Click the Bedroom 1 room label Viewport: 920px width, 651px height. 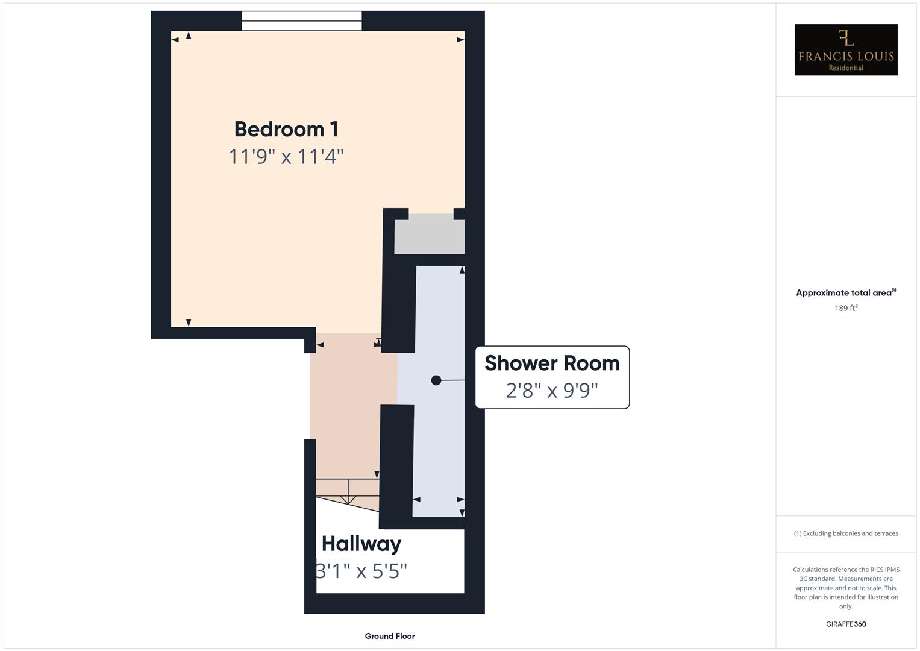tap(286, 129)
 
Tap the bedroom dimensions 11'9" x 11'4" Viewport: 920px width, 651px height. tap(286, 157)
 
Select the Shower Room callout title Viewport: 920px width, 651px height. tap(552, 363)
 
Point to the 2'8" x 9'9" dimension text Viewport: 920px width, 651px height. tap(552, 391)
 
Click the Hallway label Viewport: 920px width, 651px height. tap(361, 544)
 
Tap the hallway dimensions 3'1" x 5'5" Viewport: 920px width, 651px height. tap(361, 570)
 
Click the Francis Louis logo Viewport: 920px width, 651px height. tap(846, 49)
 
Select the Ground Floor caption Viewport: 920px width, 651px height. tap(390, 636)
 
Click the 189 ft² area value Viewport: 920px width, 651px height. tap(846, 308)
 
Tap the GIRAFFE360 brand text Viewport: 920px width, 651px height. tap(846, 624)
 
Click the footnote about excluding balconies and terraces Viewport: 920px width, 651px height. tap(846, 533)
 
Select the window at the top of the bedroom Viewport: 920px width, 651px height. tap(302, 21)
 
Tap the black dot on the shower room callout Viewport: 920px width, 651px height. tap(436, 380)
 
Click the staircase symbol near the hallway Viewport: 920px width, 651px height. tap(348, 492)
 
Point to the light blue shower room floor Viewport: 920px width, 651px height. tap(439, 446)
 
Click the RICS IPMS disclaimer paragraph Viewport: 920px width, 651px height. tap(846, 588)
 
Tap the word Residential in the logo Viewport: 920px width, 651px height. tap(846, 68)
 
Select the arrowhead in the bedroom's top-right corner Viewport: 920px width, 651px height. tap(460, 40)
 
